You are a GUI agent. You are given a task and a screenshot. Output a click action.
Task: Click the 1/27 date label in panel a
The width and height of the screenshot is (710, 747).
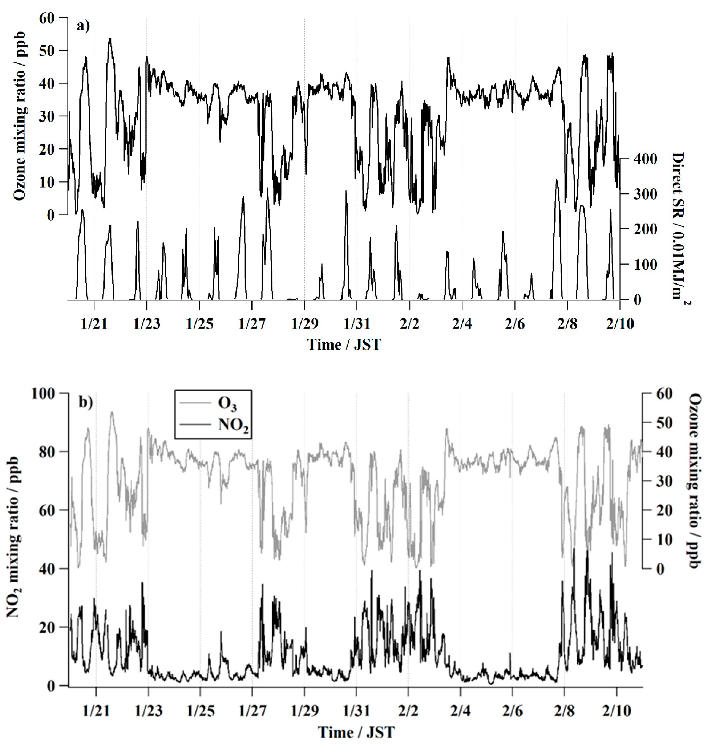click(252, 324)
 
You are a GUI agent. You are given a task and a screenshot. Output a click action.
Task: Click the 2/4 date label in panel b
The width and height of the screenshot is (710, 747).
click(460, 711)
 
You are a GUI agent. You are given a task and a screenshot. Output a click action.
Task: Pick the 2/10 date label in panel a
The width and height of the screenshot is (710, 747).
click(619, 324)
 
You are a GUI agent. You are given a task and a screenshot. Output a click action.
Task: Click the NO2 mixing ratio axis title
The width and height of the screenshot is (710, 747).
click(13, 537)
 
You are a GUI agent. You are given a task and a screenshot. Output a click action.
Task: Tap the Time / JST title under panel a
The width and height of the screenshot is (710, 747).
click(344, 345)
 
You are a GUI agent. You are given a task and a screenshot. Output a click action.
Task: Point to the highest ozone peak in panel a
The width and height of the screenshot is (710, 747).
click(110, 39)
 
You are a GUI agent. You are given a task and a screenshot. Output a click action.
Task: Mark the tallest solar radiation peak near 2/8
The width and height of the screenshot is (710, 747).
click(556, 180)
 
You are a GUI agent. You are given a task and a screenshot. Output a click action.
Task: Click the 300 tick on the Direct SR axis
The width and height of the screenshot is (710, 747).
click(645, 194)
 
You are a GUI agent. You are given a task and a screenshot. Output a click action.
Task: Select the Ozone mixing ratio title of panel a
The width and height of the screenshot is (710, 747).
click(20, 115)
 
